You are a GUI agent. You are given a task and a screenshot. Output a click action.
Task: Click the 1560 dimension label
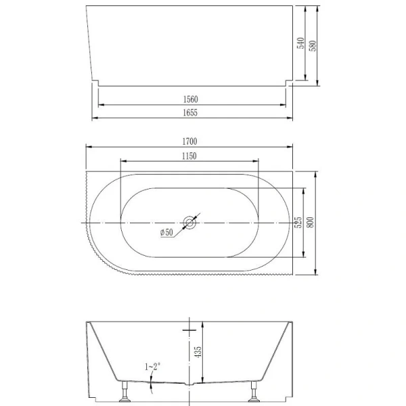point(189,99)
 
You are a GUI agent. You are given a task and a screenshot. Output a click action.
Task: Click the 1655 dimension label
point(189,113)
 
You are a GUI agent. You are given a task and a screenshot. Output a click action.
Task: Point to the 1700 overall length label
point(189,142)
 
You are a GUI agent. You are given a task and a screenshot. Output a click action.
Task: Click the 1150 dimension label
point(189,156)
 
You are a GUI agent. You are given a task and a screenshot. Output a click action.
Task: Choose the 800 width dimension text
point(311,223)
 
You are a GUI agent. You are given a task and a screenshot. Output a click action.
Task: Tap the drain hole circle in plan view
point(189,223)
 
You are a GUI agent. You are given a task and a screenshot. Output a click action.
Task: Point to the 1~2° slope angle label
point(152,366)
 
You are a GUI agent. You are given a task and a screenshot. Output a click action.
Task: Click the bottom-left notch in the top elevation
point(95,83)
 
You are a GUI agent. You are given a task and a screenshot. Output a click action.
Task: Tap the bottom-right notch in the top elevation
point(288,83)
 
